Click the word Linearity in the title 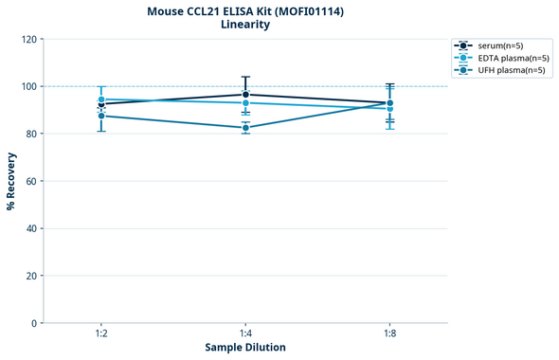(x=244, y=25)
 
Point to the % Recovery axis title (x=11, y=181)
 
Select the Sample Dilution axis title (x=245, y=348)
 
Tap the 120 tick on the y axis (x=29, y=39)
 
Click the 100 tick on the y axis (x=29, y=86)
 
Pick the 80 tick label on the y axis (x=32, y=134)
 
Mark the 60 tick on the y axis (x=32, y=181)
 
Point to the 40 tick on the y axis (x=32, y=228)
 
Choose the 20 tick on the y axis (x=32, y=276)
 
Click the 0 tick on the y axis (x=35, y=323)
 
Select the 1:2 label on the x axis (x=100, y=334)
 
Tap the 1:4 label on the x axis (x=245, y=334)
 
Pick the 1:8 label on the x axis (x=390, y=334)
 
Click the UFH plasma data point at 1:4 (x=245, y=128)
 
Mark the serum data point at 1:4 (x=245, y=95)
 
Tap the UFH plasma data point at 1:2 (x=100, y=116)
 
